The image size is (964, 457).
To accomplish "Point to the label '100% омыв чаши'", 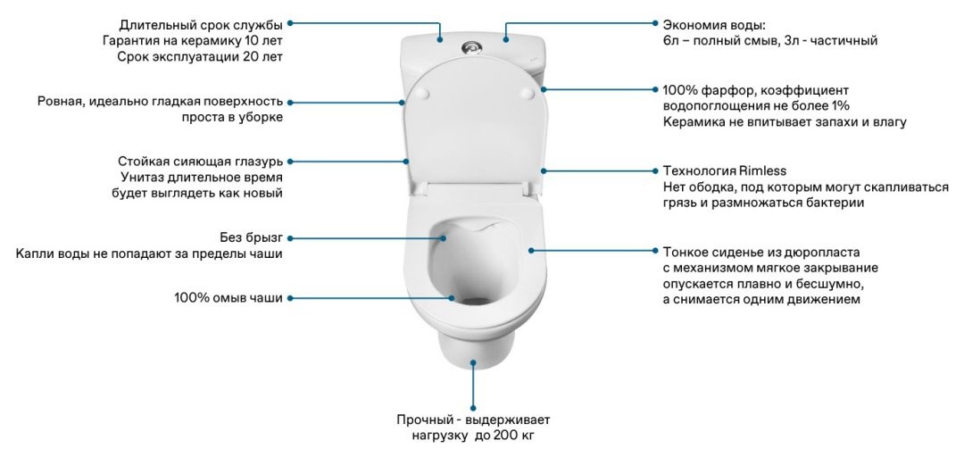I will [229, 297].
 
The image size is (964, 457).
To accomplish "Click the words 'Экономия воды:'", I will [714, 24].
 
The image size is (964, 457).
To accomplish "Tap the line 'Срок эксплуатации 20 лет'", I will [200, 56].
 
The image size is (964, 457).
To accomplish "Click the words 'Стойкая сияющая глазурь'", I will [200, 162].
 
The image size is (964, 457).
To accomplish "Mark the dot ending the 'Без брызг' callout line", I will [444, 237].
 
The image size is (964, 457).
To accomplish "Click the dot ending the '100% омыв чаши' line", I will [452, 297].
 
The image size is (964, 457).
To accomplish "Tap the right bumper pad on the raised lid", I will [525, 91].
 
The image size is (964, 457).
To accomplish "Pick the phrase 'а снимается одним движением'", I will [761, 300].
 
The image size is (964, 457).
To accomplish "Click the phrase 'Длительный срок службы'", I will [201, 24].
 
